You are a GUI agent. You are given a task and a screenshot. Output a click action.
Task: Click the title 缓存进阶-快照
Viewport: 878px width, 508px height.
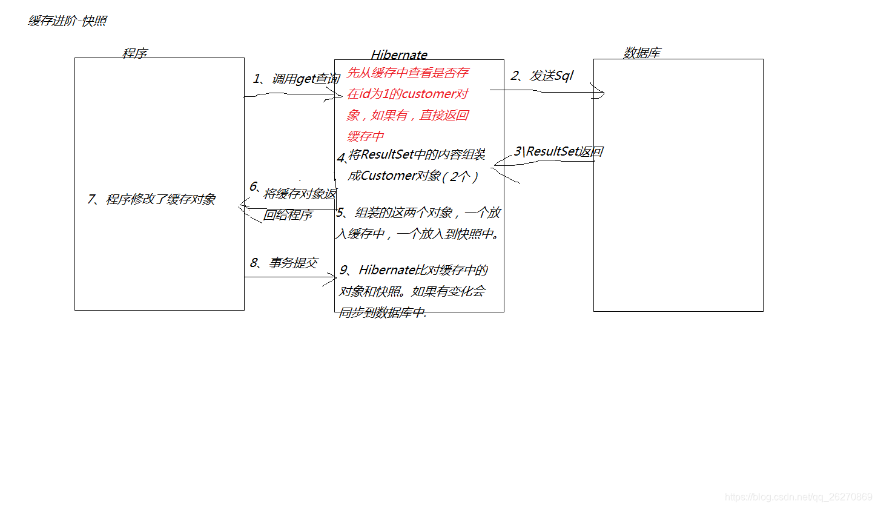(x=67, y=21)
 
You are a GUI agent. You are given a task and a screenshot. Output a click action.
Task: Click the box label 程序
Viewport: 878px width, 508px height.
(x=134, y=53)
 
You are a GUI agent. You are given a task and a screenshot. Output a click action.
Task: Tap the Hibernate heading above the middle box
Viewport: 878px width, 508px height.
(x=399, y=55)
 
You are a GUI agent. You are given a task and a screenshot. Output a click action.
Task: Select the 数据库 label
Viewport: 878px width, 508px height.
(x=642, y=53)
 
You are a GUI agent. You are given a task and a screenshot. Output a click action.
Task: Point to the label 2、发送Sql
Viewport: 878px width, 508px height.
(x=542, y=76)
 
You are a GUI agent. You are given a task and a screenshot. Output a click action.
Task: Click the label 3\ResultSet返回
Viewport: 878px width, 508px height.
(x=558, y=151)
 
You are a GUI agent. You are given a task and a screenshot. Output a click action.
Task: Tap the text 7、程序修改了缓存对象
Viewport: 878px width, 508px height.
(x=151, y=199)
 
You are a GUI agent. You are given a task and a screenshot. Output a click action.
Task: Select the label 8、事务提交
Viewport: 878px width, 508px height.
(x=284, y=263)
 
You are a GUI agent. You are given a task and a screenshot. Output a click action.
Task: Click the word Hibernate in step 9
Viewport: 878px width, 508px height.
(x=386, y=270)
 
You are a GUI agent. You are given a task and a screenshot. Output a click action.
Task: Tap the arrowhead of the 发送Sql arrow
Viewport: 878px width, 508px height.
(x=602, y=93)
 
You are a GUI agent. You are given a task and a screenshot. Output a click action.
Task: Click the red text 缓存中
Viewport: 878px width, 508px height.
(x=365, y=136)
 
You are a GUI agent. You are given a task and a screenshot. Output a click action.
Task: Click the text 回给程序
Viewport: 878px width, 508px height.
(x=288, y=215)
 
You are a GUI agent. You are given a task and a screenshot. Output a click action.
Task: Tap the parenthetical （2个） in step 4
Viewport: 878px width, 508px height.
(x=460, y=176)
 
